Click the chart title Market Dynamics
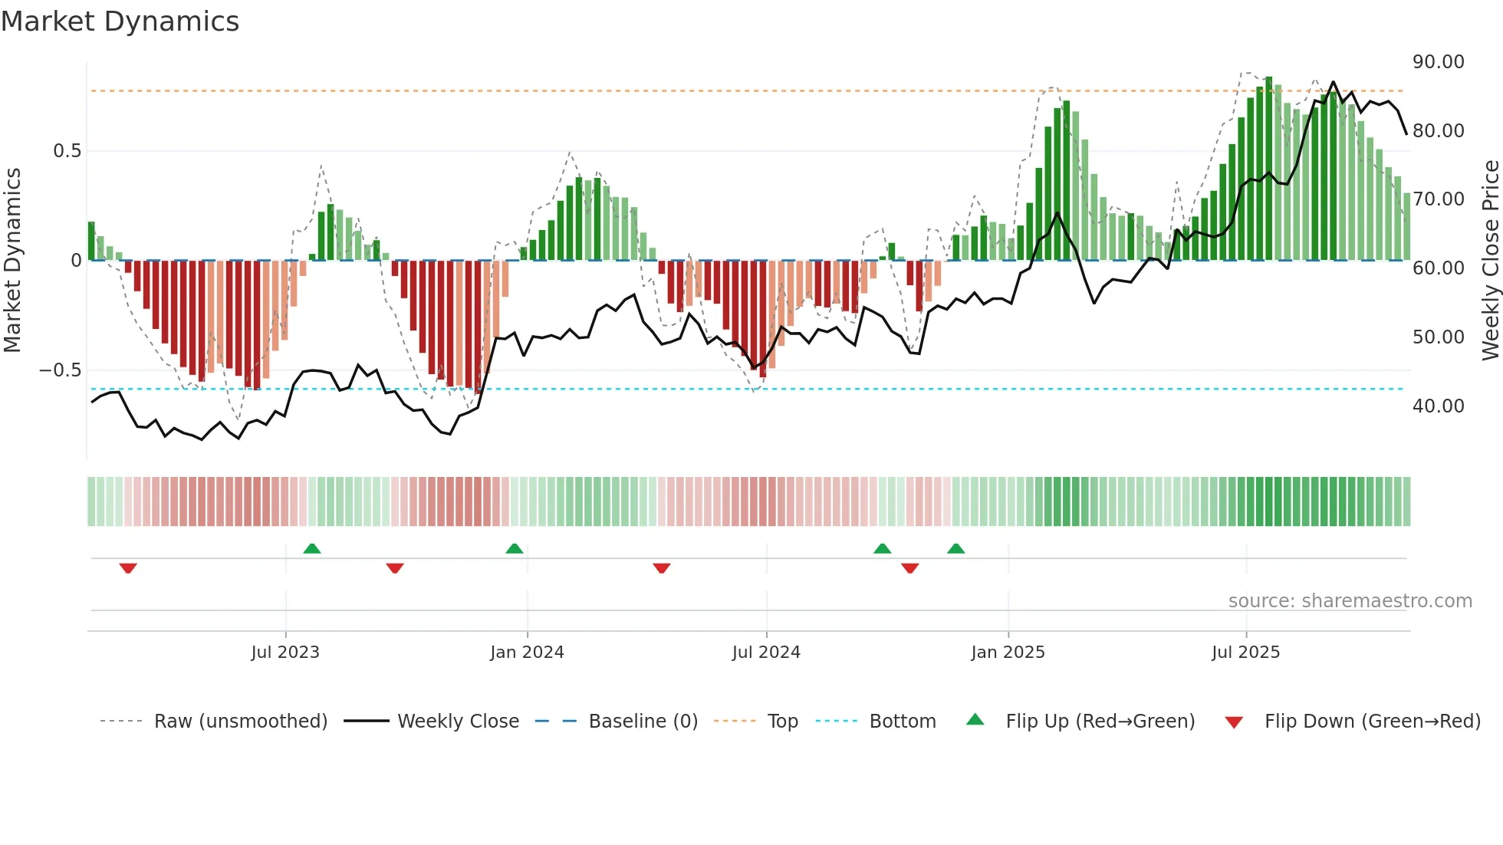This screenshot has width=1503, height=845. click(120, 21)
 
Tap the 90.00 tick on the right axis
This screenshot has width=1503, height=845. click(1438, 62)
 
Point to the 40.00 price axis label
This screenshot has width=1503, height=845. click(1438, 406)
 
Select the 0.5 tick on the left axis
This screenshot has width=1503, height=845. click(67, 151)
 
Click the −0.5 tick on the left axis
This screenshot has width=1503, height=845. click(60, 370)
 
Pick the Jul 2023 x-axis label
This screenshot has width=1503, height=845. click(285, 653)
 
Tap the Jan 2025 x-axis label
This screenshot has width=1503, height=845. click(1008, 653)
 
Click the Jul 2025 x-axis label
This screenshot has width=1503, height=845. click(1245, 653)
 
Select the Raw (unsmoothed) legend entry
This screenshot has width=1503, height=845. click(240, 722)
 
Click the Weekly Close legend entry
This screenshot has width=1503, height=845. click(458, 722)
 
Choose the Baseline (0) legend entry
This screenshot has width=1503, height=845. click(643, 722)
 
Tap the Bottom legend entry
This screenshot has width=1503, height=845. click(902, 722)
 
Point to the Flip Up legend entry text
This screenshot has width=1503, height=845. click(1100, 722)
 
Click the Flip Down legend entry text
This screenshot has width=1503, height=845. click(1372, 722)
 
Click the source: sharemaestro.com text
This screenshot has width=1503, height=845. click(1350, 601)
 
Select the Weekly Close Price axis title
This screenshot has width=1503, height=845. click(1490, 260)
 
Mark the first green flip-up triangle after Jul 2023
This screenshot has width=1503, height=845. click(312, 549)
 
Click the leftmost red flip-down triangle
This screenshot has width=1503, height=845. click(128, 568)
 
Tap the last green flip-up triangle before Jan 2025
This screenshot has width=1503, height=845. click(955, 549)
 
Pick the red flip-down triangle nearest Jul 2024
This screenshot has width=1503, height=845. click(662, 568)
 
